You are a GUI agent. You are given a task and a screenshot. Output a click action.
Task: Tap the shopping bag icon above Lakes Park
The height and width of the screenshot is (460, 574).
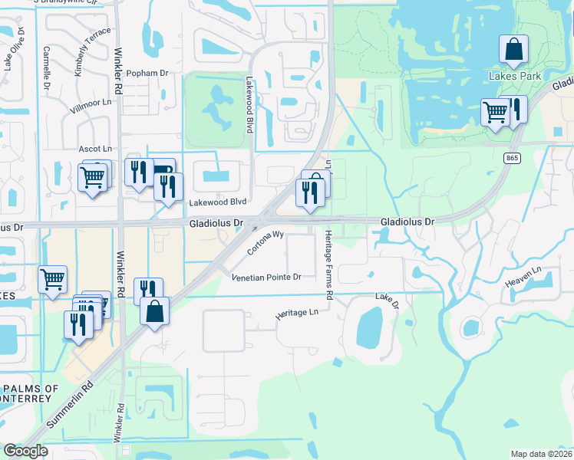pos(513,49)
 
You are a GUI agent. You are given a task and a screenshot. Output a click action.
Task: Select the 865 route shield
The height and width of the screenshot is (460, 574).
pos(512,158)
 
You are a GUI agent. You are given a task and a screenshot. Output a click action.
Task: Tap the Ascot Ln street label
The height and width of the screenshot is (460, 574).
pos(95,148)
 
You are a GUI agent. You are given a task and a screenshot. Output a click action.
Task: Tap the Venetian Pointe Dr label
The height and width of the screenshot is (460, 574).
pos(266,277)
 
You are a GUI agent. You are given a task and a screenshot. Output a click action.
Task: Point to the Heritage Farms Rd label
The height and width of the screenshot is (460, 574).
pos(328,264)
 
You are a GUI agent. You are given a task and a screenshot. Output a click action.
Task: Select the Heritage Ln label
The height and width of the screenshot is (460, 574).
pos(296,314)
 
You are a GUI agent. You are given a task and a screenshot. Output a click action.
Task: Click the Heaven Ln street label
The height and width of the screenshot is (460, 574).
pos(523,277)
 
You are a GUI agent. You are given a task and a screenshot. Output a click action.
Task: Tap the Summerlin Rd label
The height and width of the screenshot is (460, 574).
pos(68,407)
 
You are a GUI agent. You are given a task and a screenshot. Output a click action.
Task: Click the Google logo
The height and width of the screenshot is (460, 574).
pos(25,451)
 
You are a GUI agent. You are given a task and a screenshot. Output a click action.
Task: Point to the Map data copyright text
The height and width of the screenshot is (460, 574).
pos(542,454)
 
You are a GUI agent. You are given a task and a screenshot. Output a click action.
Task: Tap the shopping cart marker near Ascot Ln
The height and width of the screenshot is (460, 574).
pos(93,178)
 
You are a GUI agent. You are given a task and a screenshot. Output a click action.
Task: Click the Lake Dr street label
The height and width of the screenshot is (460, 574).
pos(388,301)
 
